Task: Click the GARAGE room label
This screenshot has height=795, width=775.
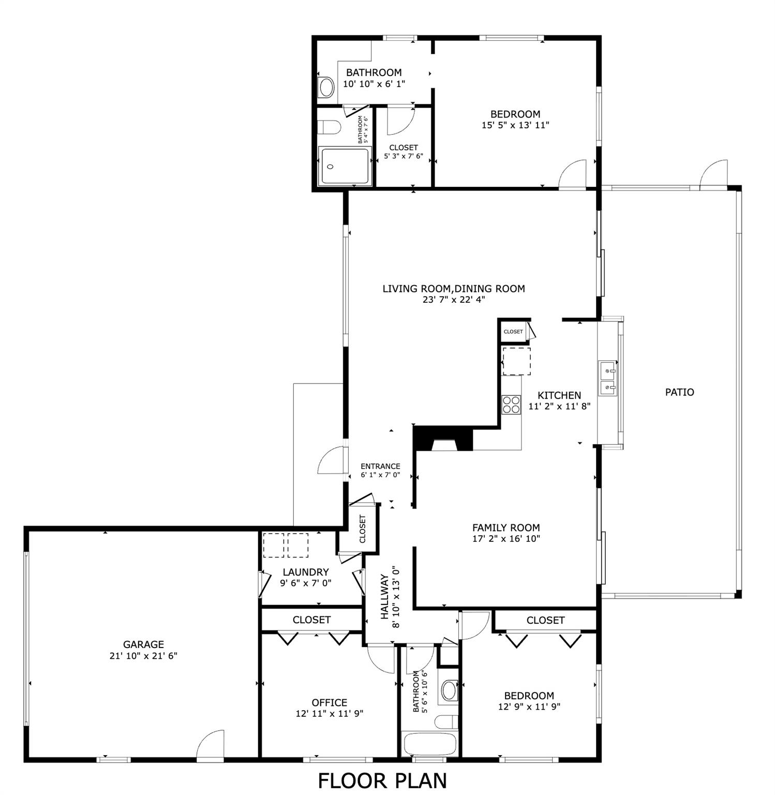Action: (143, 644)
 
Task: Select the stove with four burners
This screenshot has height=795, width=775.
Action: (511, 404)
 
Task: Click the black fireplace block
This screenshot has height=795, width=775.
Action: (444, 439)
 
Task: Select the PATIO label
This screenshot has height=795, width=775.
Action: (679, 392)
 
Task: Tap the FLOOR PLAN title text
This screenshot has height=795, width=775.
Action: (382, 781)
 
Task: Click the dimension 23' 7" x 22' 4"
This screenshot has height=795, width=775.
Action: (453, 300)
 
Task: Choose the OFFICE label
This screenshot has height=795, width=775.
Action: (329, 702)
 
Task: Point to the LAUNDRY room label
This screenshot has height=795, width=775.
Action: (305, 572)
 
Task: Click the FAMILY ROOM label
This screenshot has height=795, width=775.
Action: (505, 527)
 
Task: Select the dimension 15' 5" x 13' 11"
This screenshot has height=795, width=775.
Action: (515, 125)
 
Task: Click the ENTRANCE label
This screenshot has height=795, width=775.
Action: (380, 466)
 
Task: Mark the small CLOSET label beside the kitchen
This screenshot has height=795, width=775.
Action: (513, 332)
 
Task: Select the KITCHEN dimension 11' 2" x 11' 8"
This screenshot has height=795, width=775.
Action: (559, 407)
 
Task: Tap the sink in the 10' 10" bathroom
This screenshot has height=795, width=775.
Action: (326, 87)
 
